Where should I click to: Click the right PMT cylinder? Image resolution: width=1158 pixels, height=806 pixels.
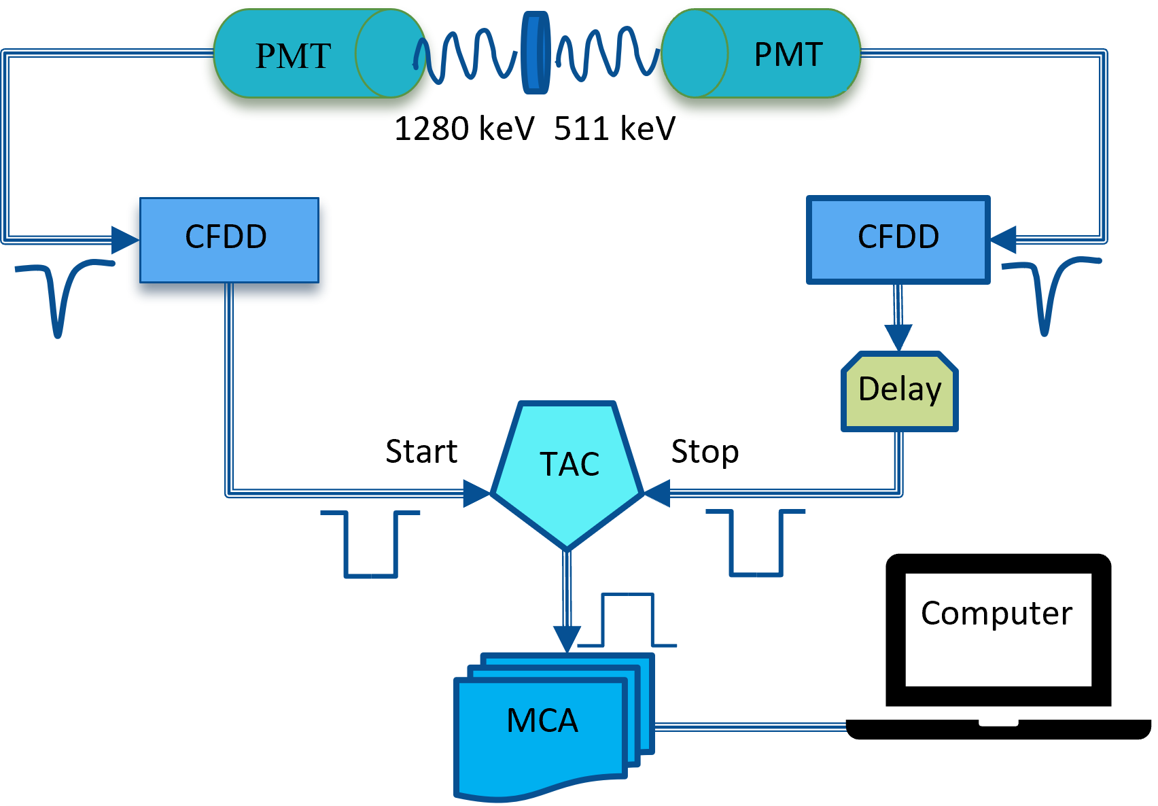761,54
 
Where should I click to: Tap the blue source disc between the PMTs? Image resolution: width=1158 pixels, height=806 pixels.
536,53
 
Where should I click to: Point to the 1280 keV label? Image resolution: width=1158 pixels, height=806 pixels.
463,128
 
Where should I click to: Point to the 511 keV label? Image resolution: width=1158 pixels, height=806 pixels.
614,128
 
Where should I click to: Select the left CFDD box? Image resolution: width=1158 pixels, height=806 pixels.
229,239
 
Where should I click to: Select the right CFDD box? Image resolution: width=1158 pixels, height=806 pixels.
898,239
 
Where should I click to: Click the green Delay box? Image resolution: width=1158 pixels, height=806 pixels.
899,391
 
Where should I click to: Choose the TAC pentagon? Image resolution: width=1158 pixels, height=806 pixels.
567,469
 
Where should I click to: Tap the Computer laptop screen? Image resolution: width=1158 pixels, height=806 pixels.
998,629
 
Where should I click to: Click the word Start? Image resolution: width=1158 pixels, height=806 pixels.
421,451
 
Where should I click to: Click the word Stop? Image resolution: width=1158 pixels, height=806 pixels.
705,451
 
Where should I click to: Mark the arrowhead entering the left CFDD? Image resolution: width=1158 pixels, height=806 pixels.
125,240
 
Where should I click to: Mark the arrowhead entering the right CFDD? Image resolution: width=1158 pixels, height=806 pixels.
1004,239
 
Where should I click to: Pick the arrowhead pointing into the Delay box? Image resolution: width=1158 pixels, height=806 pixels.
898,338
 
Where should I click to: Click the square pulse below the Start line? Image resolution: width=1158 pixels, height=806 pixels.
371,544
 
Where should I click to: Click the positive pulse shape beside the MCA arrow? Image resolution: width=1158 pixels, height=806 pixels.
627,618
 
